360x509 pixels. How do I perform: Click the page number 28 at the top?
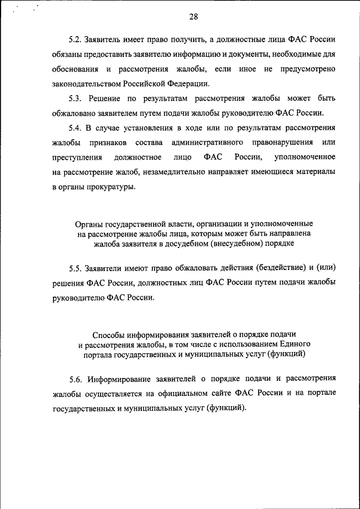tap(193, 16)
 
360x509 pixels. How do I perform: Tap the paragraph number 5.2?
tap(75, 40)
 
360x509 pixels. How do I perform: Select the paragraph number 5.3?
tap(75, 98)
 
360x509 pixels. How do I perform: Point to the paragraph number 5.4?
tap(75, 128)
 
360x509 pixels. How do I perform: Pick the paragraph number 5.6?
tap(75, 378)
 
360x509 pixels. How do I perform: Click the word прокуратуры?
tap(112, 186)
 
